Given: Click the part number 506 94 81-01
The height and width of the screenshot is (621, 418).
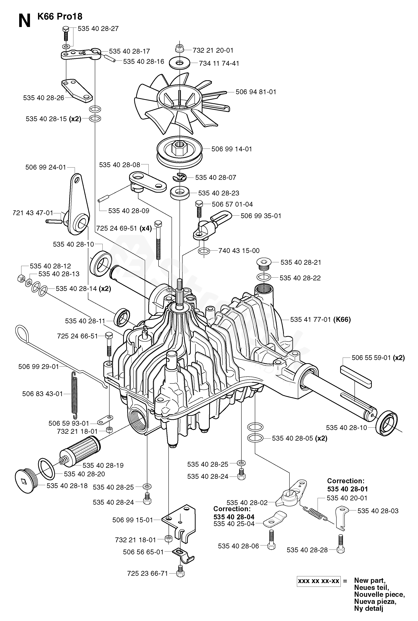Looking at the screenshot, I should coord(256,92).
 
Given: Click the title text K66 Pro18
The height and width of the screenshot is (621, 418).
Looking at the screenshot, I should coord(60,17).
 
